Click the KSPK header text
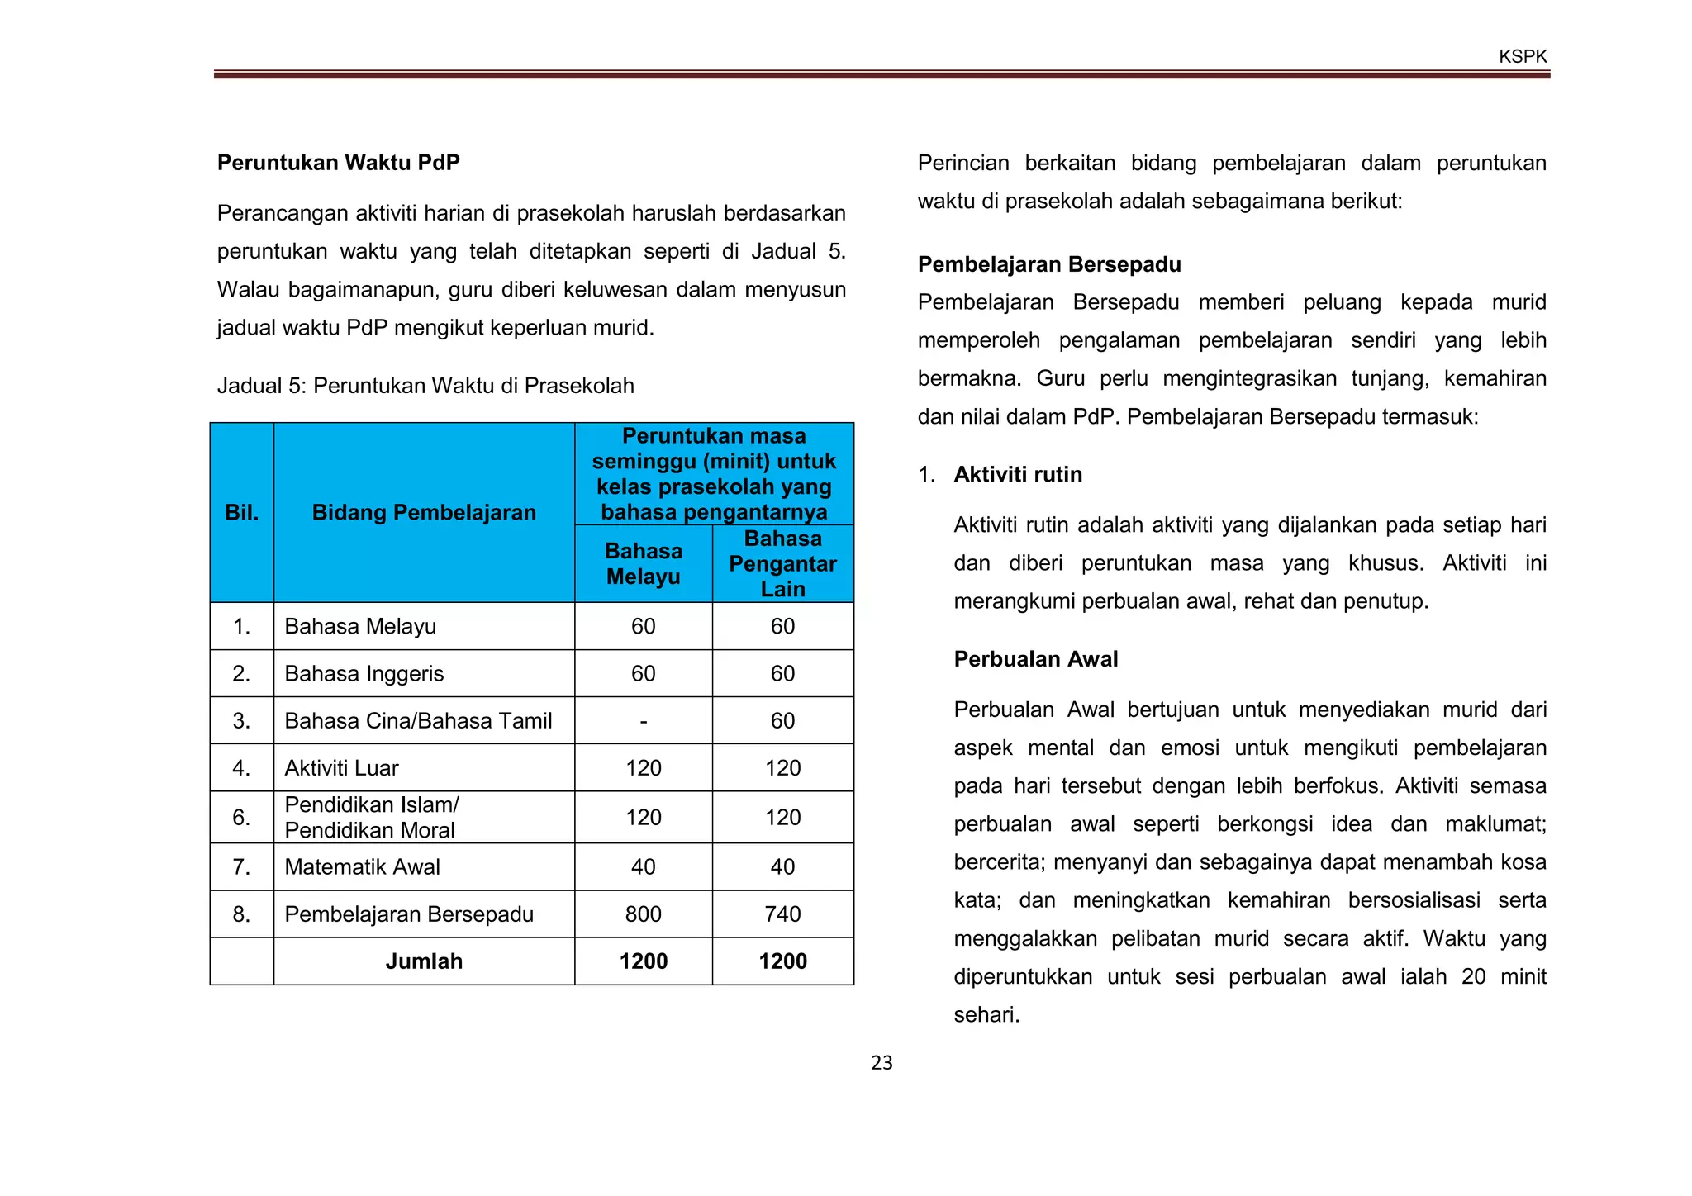[1523, 57]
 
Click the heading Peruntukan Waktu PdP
[338, 163]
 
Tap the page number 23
[882, 1063]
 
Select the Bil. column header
[241, 513]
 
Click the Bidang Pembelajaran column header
[424, 513]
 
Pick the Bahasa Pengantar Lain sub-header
[782, 563]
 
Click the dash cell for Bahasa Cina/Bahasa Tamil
[643, 721]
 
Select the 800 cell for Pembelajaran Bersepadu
[643, 914]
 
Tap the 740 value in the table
[782, 914]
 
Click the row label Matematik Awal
[362, 867]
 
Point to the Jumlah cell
[424, 961]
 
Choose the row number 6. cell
[241, 818]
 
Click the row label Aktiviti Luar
[341, 768]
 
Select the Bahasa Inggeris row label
[364, 674]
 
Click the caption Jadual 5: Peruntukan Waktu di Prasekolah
[425, 386]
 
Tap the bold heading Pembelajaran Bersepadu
[1049, 264]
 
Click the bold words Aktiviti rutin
[1018, 475]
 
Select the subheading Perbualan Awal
[1035, 659]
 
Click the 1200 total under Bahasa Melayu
[643, 961]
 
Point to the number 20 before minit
[1473, 977]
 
